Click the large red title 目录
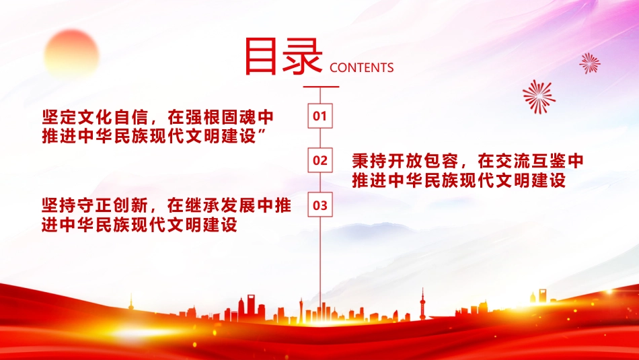point(284,57)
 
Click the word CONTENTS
point(361,68)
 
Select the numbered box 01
point(320,116)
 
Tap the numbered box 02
point(320,160)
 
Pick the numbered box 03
point(320,205)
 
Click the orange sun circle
point(72,53)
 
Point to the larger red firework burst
point(539,97)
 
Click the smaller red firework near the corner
point(590,64)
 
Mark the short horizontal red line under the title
point(321,87)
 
